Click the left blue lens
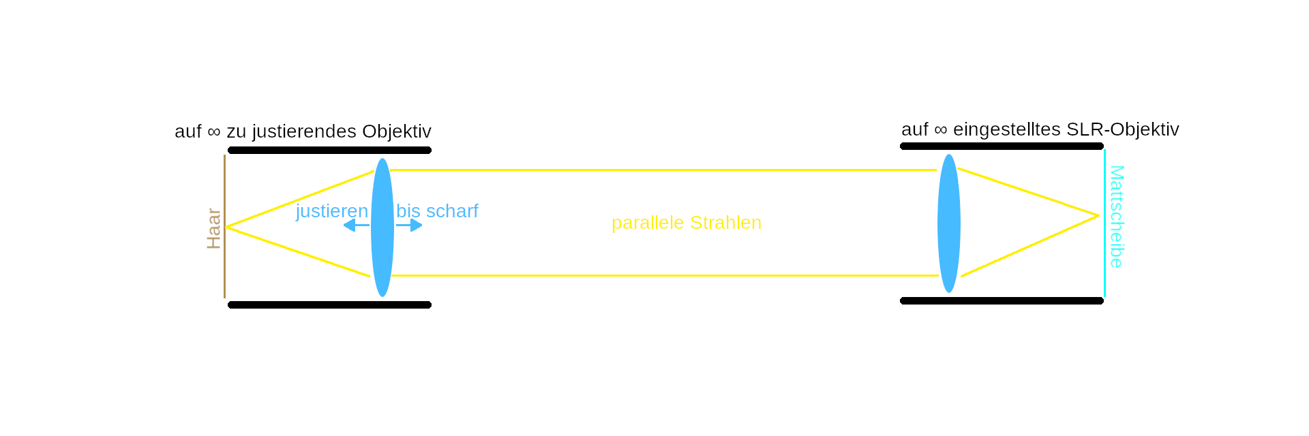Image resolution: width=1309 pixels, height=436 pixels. click(x=382, y=228)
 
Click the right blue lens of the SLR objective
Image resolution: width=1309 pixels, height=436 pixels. click(x=949, y=223)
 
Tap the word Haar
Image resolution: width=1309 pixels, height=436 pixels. click(x=214, y=229)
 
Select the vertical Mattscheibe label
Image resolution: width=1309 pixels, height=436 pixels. click(x=1116, y=217)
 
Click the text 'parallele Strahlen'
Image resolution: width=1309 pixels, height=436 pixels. click(x=687, y=223)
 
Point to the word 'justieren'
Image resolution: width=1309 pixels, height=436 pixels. click(x=332, y=211)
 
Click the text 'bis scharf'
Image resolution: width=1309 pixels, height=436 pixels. click(x=437, y=211)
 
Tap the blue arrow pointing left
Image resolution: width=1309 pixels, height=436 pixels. click(x=357, y=225)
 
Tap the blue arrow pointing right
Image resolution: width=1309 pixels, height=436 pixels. click(x=409, y=225)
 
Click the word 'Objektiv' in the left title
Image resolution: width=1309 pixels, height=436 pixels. click(x=397, y=131)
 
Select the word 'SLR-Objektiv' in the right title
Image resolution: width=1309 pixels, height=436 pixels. click(x=1123, y=129)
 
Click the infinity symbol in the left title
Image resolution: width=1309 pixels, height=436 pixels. click(x=214, y=131)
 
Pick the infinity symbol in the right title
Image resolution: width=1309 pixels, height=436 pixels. click(x=941, y=129)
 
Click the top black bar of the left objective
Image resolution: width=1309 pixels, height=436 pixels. click(x=329, y=151)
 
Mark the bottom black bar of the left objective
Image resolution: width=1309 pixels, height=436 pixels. click(x=329, y=305)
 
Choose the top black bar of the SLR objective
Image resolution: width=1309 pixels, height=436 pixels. click(x=1002, y=146)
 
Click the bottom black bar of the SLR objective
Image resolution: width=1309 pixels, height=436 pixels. click(x=1002, y=301)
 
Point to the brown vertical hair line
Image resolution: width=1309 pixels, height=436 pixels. click(x=224, y=226)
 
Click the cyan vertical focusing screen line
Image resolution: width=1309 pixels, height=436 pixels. click(x=1104, y=223)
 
